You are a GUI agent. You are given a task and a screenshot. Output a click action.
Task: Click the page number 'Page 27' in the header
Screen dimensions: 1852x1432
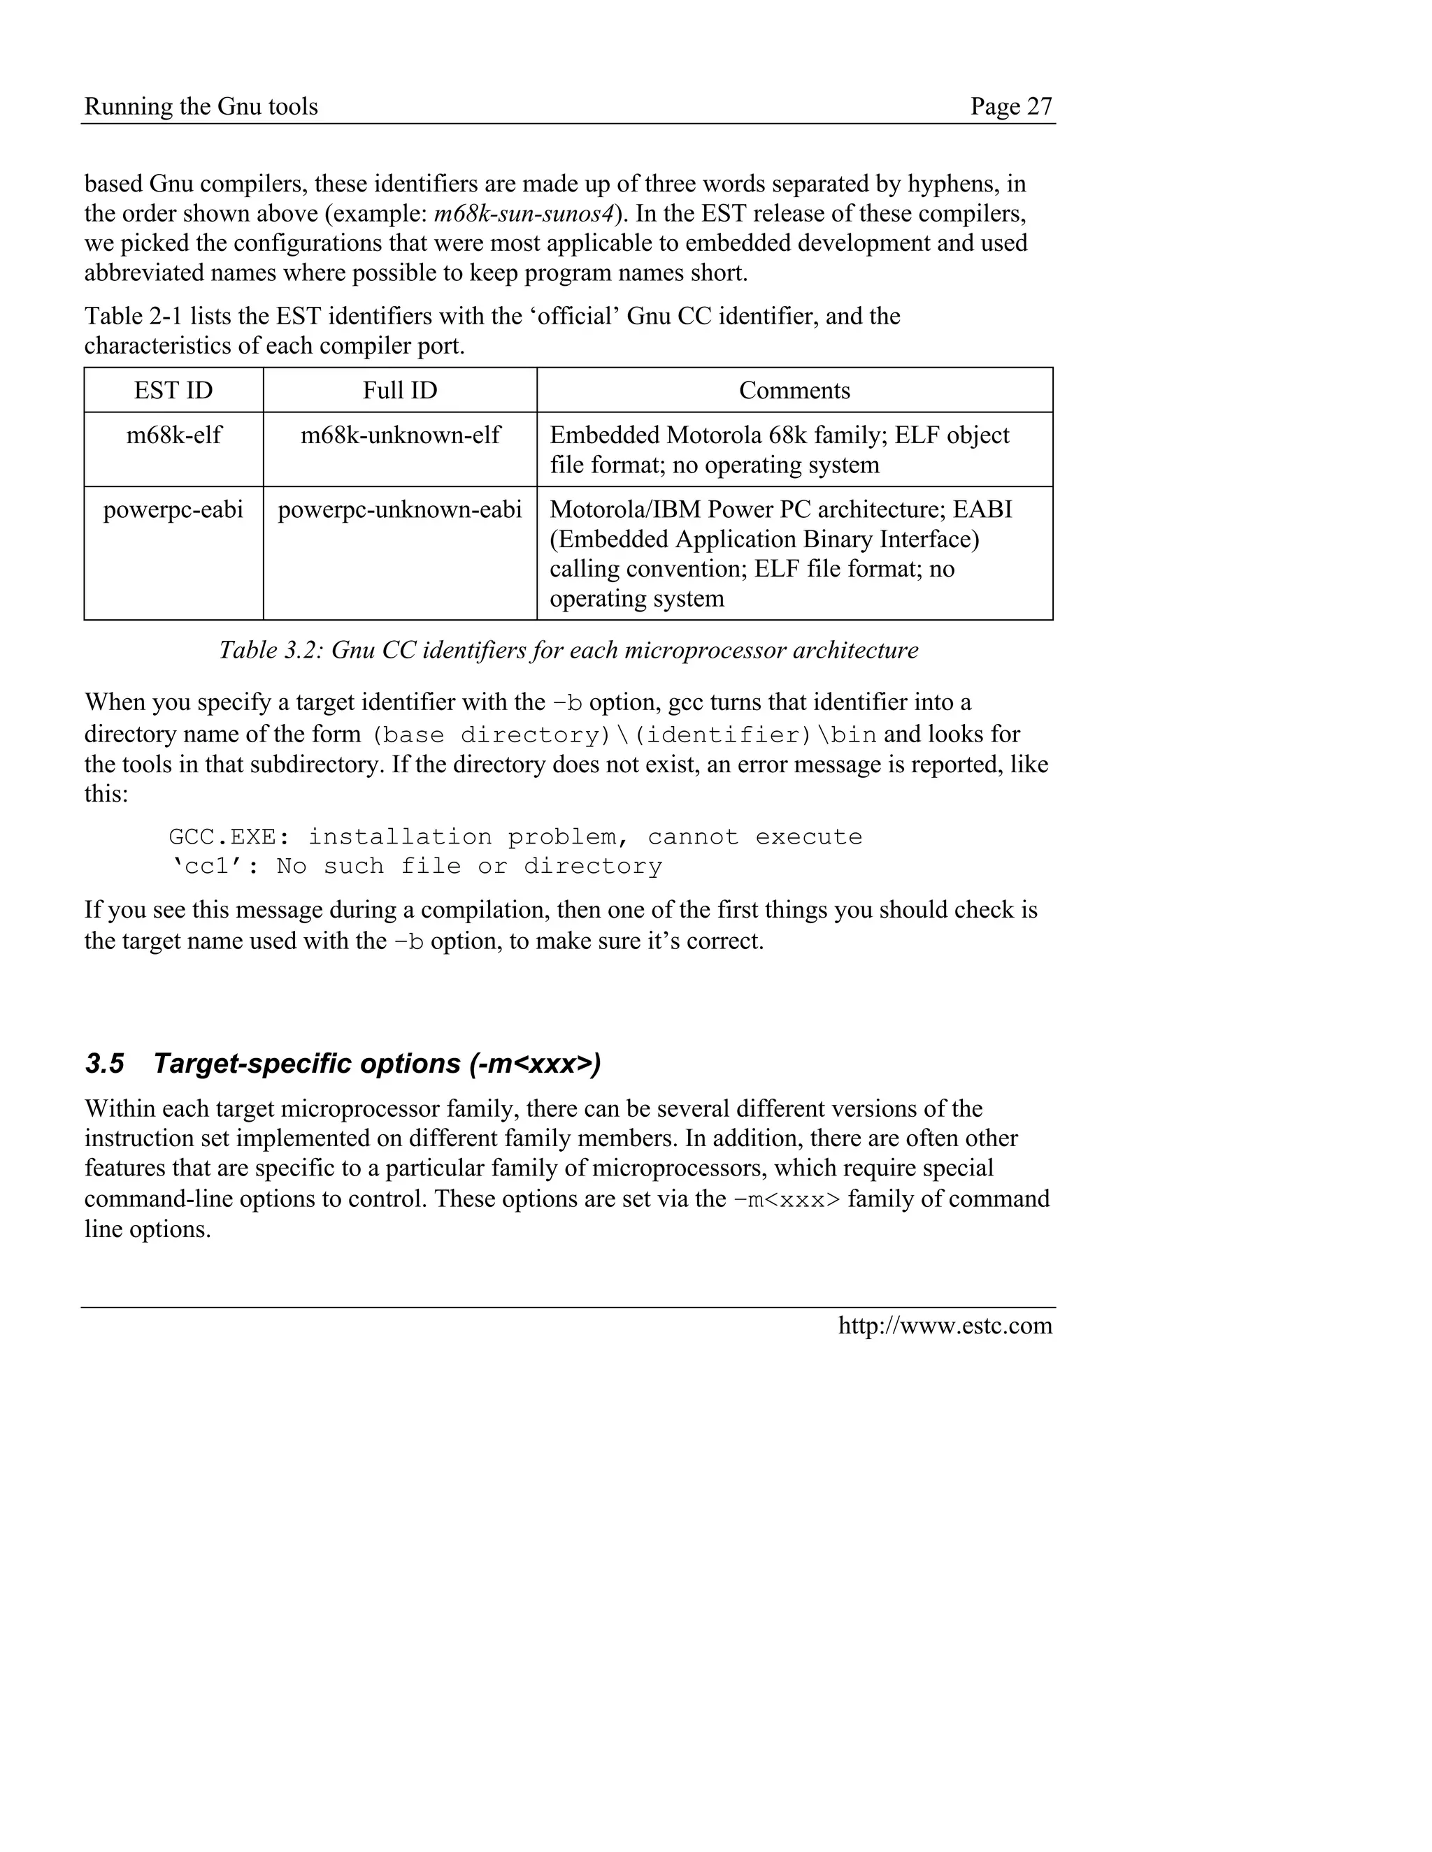pos(1010,106)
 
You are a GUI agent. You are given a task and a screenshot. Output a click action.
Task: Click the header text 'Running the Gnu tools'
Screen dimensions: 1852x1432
pos(201,106)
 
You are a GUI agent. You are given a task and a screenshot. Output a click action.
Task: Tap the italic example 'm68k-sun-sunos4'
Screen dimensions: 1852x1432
pos(524,213)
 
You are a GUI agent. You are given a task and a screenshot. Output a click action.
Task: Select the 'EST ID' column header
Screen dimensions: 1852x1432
pos(173,390)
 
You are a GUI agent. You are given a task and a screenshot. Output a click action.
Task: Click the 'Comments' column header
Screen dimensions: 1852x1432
pos(794,390)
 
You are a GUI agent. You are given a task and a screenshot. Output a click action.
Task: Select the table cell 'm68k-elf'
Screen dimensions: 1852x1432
pos(173,435)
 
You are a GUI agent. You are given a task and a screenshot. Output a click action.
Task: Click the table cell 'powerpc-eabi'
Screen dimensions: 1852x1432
pos(173,509)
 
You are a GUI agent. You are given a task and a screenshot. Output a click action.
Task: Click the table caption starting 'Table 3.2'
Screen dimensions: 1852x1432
pos(568,651)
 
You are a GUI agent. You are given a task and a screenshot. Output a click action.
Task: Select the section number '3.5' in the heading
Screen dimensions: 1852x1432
pos(104,1064)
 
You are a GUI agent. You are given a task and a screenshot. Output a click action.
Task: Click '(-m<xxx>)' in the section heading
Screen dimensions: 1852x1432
pos(534,1064)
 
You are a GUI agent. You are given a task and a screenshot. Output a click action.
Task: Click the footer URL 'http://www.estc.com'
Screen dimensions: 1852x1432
pos(945,1325)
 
